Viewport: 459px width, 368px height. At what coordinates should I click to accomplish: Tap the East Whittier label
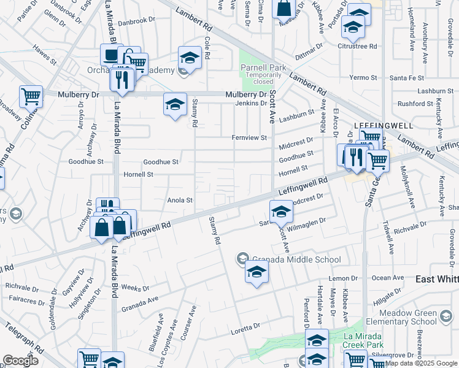(437, 278)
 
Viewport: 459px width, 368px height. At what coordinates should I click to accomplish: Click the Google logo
(20, 361)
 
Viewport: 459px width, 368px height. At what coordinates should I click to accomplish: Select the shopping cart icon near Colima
(31, 96)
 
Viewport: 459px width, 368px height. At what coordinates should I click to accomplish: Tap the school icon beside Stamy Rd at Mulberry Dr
(175, 104)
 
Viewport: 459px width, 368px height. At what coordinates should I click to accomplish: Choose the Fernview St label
(249, 137)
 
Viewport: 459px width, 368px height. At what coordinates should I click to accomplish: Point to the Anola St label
(180, 200)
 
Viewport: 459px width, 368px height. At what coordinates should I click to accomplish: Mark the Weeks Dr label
(131, 287)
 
